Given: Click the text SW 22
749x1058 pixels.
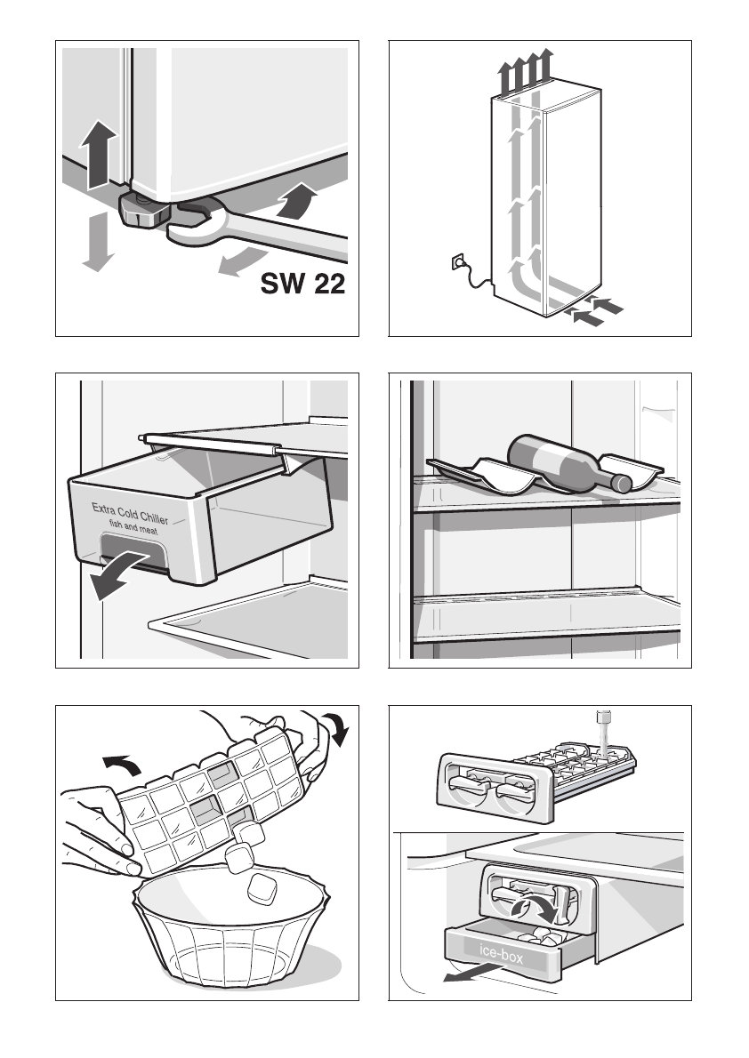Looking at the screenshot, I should pyautogui.click(x=302, y=285).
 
